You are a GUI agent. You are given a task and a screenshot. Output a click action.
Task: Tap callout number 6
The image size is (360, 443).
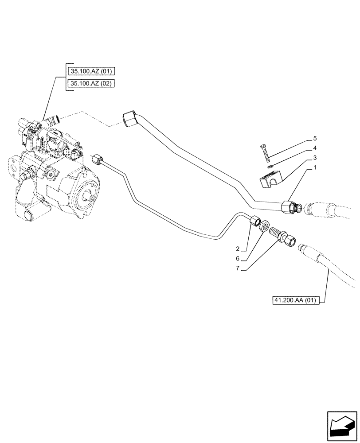pyautogui.click(x=238, y=259)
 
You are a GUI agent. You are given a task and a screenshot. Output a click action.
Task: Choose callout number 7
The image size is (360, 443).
pyautogui.click(x=238, y=268)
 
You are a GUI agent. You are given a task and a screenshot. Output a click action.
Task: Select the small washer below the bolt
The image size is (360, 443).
pyautogui.click(x=270, y=167)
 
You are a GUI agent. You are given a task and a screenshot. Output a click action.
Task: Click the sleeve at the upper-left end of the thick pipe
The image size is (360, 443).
pyautogui.click(x=130, y=120)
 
